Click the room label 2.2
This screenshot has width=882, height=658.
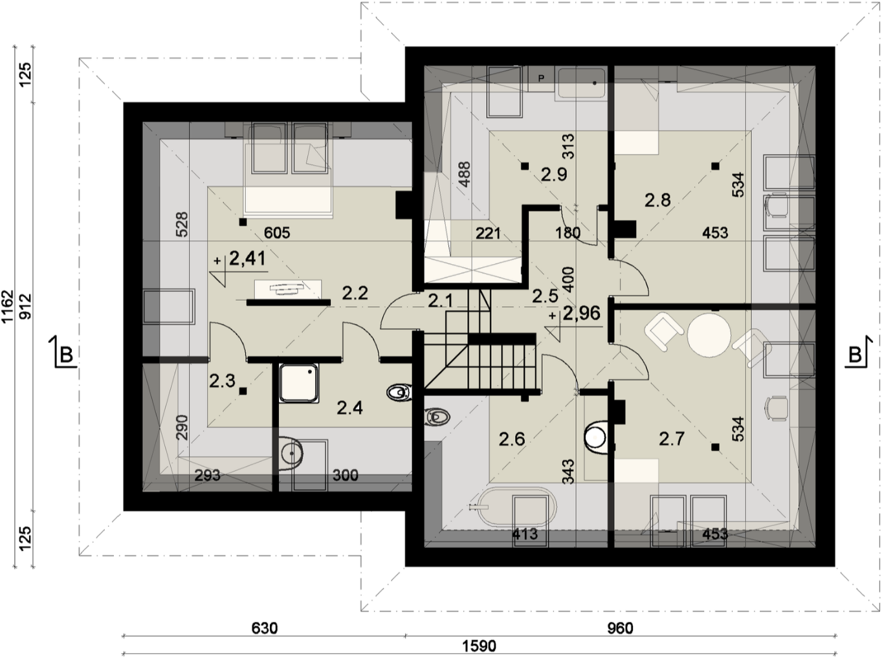point(355,293)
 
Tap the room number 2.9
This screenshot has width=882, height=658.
point(554,175)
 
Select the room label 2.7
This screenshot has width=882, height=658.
point(672,439)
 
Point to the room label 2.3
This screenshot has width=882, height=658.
point(222,381)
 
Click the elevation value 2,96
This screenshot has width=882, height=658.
point(582,313)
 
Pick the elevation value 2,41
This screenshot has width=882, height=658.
point(247,258)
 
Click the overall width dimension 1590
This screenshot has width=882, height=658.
point(479,646)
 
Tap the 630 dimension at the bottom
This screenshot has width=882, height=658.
point(265,628)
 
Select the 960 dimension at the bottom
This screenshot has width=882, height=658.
point(620,628)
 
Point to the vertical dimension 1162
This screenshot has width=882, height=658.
point(8,307)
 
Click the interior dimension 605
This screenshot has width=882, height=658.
point(277,232)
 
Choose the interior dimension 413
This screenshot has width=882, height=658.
point(525,534)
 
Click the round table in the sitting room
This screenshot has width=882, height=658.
point(709,335)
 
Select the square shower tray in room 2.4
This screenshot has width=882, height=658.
point(298,383)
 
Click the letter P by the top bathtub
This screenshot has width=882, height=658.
point(541,79)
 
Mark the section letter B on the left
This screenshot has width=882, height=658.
point(66,355)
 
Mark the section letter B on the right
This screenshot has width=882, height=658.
point(855,355)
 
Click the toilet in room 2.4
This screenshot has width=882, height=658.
point(400,393)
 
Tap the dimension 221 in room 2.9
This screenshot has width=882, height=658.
point(488,233)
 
